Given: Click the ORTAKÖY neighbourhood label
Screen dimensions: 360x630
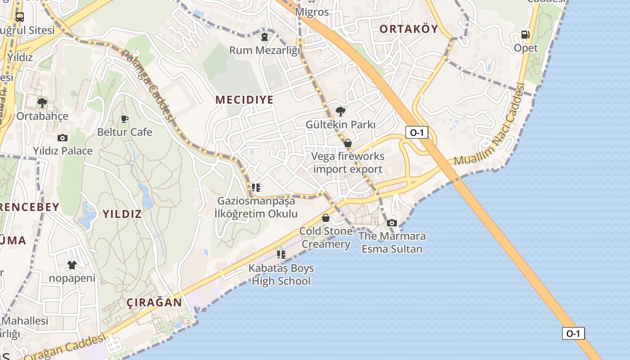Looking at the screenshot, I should (x=408, y=29).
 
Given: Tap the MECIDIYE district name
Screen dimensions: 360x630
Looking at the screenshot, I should (x=244, y=100).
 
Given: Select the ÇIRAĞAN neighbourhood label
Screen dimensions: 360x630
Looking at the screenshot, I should (x=154, y=302).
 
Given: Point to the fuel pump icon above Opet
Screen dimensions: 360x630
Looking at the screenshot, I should (x=525, y=35).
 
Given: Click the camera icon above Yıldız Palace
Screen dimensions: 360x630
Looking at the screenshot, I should (x=63, y=138).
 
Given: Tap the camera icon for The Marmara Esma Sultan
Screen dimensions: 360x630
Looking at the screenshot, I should (x=392, y=223).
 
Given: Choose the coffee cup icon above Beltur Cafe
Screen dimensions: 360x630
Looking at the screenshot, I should (x=125, y=119).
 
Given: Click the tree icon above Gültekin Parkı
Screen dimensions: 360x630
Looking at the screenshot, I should (x=341, y=111).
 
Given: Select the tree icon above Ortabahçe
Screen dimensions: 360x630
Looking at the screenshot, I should (x=42, y=103).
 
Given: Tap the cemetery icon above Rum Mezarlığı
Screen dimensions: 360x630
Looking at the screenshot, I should (x=265, y=37).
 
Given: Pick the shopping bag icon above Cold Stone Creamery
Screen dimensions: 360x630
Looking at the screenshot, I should (x=326, y=218).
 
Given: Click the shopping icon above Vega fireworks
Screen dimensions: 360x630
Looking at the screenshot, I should (x=348, y=144).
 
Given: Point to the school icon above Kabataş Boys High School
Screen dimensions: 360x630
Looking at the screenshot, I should (x=281, y=255).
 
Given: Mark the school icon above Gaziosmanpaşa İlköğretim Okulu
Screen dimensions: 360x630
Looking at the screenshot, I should (x=256, y=187).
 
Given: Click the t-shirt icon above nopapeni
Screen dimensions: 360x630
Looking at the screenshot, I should (x=72, y=265).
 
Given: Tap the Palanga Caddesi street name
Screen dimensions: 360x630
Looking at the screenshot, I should (x=148, y=85).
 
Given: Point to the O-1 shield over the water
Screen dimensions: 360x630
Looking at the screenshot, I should (x=573, y=333).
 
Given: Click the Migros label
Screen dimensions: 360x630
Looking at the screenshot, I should (x=312, y=12).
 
